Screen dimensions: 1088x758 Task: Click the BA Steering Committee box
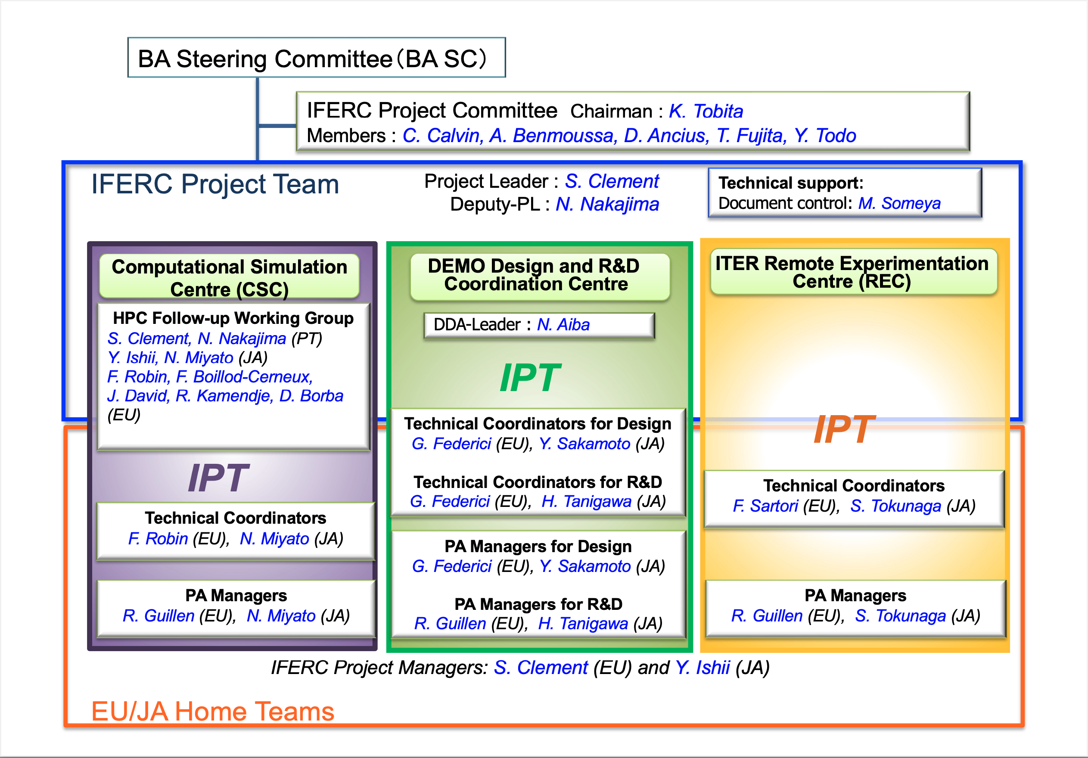pos(317,57)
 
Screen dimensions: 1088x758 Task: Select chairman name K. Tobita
pos(706,111)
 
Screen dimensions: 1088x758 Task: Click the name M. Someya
pos(899,203)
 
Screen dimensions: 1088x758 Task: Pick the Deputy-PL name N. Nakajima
pos(607,205)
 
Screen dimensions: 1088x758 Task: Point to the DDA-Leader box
pos(539,326)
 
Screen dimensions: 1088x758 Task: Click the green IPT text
pos(530,378)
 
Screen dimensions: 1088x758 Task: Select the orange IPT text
pos(843,429)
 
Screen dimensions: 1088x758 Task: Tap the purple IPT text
pos(218,478)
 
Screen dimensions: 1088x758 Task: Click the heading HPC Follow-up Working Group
pos(233,318)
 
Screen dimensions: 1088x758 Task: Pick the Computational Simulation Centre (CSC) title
pos(229,278)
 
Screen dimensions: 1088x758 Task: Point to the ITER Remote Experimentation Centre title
pos(852,272)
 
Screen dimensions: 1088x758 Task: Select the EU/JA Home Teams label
pos(213,711)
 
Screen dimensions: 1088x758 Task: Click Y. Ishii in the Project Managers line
pos(702,668)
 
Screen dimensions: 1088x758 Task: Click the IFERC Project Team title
pos(215,184)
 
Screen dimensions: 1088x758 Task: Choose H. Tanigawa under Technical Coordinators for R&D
pos(586,502)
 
